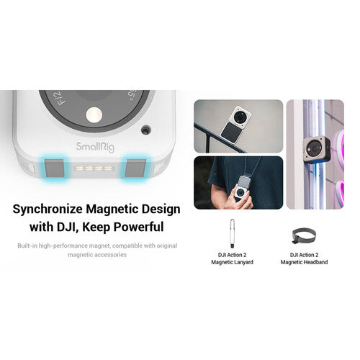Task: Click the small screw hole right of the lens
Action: tap(146, 130)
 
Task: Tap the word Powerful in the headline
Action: tap(137, 227)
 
